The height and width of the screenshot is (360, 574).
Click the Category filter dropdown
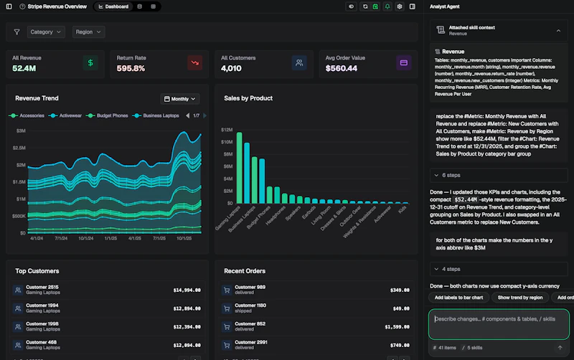click(46, 32)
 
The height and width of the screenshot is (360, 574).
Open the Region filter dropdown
click(88, 32)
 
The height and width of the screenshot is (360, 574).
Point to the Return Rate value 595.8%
click(131, 69)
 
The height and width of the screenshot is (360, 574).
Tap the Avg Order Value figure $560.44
click(342, 69)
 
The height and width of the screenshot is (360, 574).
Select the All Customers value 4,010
click(235, 69)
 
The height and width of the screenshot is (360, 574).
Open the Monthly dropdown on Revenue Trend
click(180, 99)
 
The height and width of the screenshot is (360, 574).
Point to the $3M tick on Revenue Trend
click(20, 131)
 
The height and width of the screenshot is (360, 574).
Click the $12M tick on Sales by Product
click(226, 131)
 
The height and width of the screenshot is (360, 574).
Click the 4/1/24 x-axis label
click(38, 238)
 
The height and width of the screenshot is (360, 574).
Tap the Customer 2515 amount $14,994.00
click(187, 290)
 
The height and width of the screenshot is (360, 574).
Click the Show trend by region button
click(519, 297)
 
